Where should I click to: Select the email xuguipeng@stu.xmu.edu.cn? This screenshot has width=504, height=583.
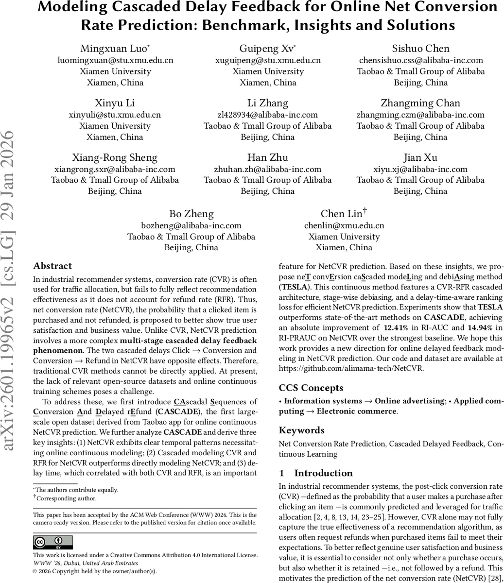pos(268,60)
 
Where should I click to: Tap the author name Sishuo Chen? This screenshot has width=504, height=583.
pos(420,49)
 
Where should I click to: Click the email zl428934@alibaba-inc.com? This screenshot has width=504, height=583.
pos(268,115)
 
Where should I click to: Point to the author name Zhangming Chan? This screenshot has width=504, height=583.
pos(420,103)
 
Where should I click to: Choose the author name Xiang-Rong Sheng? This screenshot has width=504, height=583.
pos(115,157)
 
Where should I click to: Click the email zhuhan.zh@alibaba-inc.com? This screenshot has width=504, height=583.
pos(268,169)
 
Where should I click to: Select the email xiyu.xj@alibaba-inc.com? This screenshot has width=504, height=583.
pos(420,169)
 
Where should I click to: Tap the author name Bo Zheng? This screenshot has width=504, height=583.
pos(191,214)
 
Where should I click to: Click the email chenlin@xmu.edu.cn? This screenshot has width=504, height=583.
pos(344,225)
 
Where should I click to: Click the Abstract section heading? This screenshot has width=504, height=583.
pos(52,266)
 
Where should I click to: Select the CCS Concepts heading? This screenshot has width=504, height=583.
pos(311,388)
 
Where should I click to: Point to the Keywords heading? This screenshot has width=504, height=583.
pos(301,430)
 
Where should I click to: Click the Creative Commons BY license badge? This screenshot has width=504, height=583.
pos(52,542)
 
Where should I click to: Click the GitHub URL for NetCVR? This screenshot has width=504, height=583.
pos(351,368)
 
